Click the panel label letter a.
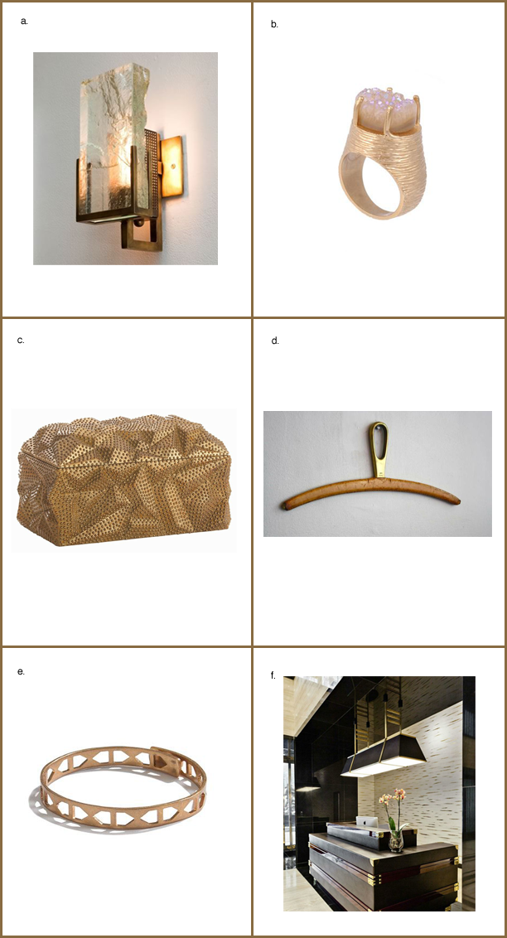(24, 22)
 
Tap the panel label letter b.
(274, 25)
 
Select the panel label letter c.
(21, 341)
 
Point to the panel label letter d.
(275, 341)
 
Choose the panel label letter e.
(21, 671)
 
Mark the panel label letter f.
(273, 675)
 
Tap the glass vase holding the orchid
(396, 840)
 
